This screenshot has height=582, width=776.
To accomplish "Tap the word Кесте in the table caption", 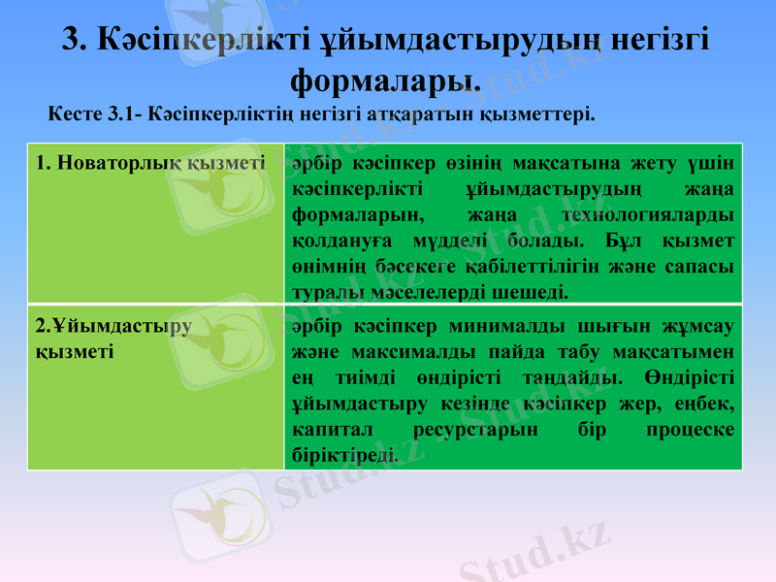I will click(72, 114).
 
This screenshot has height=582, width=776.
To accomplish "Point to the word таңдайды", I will click(571, 375).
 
